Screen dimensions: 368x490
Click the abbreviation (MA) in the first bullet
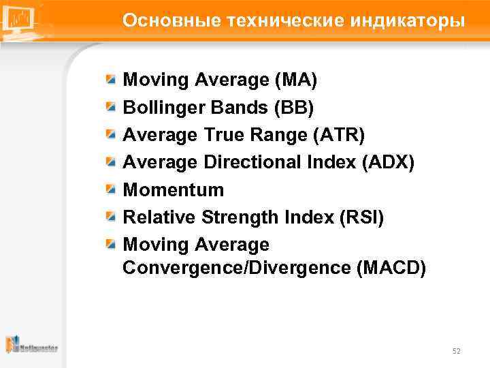(x=295, y=80)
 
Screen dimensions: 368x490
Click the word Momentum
(x=173, y=189)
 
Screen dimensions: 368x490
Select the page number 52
(x=456, y=351)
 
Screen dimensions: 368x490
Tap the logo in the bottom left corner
(x=31, y=346)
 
